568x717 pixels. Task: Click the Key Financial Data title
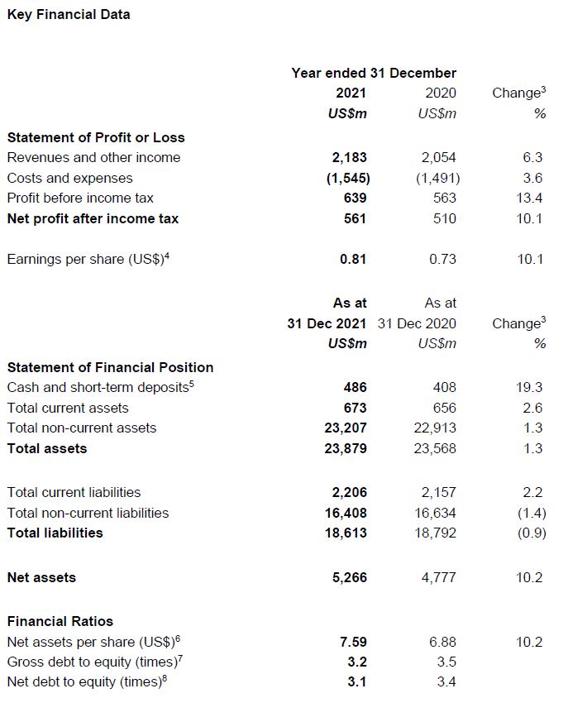tap(69, 14)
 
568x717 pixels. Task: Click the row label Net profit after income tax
tap(93, 218)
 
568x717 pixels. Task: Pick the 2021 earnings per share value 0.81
tap(353, 259)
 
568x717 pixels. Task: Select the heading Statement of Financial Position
tap(110, 367)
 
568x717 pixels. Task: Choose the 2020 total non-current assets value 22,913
tap(434, 428)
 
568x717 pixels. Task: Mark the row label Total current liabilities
tap(74, 492)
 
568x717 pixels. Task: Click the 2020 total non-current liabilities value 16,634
tap(434, 513)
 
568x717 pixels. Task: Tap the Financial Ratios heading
tap(60, 621)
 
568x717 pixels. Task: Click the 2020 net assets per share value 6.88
tap(442, 642)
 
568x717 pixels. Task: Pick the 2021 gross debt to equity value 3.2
tap(357, 662)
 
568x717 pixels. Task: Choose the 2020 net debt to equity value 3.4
tap(446, 681)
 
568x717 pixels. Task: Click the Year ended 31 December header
tap(374, 73)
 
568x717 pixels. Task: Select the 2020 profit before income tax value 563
tap(444, 198)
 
